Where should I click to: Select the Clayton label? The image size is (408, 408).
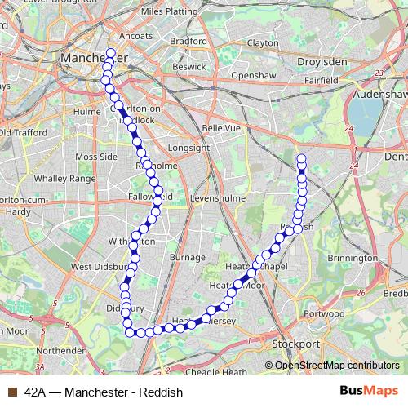(x=262, y=42)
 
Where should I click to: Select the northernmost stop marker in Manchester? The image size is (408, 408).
(x=111, y=54)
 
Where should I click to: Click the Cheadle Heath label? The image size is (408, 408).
(x=217, y=372)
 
